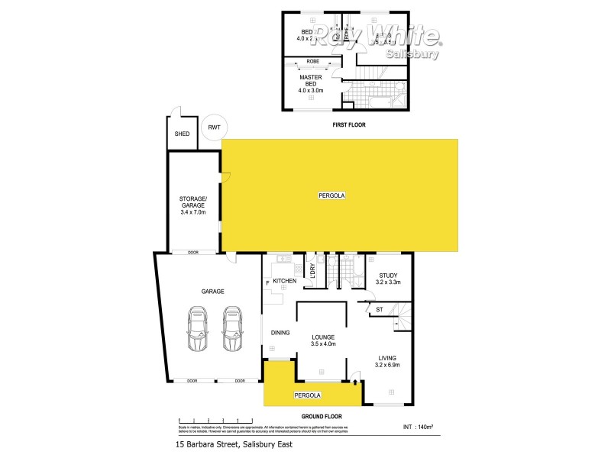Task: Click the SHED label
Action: click(x=182, y=134)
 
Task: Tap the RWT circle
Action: click(x=212, y=127)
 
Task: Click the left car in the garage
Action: click(x=198, y=329)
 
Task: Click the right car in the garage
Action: click(x=232, y=329)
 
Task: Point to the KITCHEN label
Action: click(x=284, y=282)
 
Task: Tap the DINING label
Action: click(x=280, y=332)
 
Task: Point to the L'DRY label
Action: click(x=312, y=272)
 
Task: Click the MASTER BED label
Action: click(x=311, y=81)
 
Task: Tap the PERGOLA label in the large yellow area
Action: click(x=332, y=196)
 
